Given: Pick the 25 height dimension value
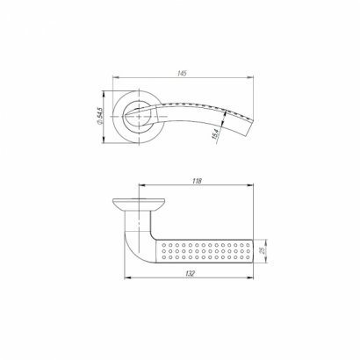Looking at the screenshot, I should [x=262, y=251].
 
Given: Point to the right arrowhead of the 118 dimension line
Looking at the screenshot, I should [x=255, y=187].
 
